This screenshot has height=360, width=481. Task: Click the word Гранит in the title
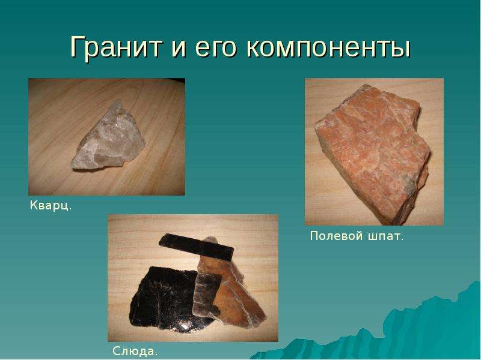pos(116,47)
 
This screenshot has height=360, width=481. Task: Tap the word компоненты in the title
pos(328,48)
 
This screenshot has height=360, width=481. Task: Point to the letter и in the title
pos(179,48)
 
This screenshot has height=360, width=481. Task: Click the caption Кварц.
pos(51,205)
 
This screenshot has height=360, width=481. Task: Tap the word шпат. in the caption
pos(384,236)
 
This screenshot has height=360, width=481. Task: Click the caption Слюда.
pos(135,351)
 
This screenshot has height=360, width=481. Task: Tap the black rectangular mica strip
pos(197,247)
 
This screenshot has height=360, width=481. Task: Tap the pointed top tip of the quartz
pos(116,101)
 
